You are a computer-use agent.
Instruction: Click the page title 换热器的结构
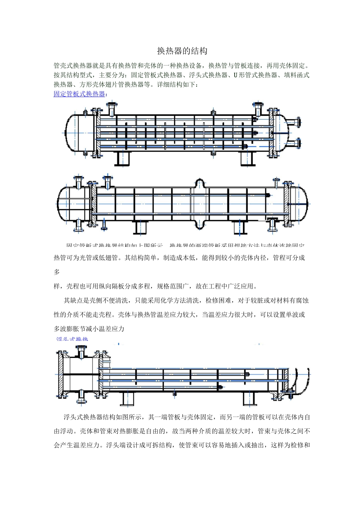point(182,51)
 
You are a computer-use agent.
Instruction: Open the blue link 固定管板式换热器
point(79,94)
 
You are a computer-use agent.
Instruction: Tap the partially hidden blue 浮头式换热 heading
point(72,339)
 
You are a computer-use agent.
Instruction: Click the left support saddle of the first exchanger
point(122,158)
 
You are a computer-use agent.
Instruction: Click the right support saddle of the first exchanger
point(249,158)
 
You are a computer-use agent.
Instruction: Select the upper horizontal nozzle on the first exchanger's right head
point(294,122)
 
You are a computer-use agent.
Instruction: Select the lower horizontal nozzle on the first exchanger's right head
point(294,144)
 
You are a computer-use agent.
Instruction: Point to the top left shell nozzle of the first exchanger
point(112,109)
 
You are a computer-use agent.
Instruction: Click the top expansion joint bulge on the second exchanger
point(200,183)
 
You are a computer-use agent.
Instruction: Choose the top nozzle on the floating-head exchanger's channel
point(81,352)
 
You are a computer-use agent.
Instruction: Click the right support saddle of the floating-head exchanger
point(249,399)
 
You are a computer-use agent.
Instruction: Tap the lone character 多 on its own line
point(57,272)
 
